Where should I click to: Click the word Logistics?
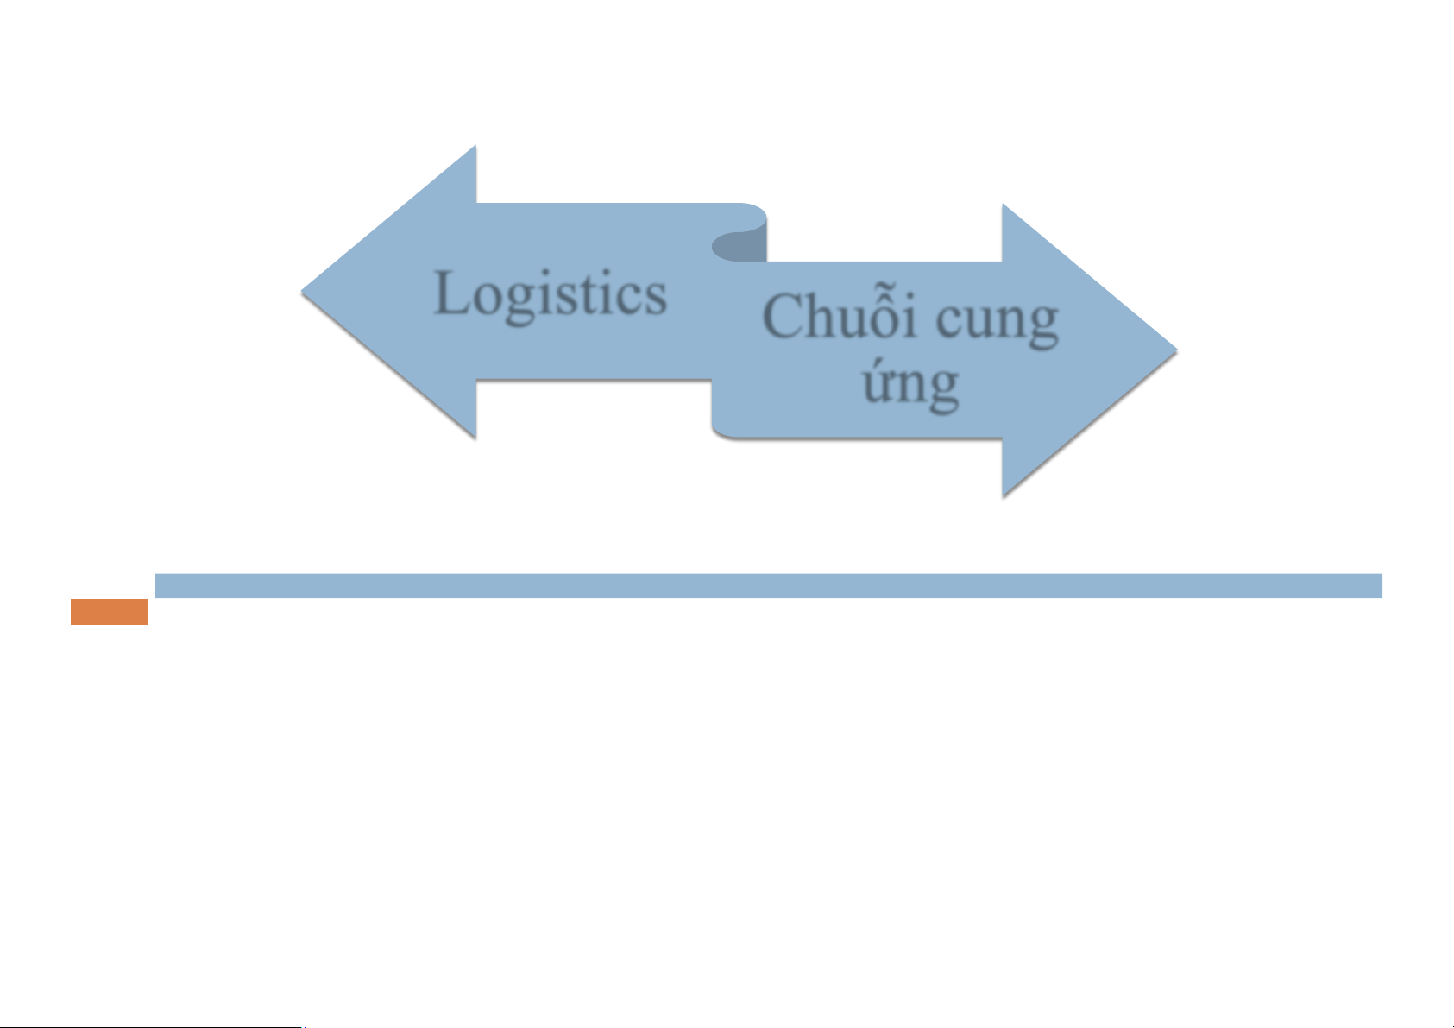pos(551,294)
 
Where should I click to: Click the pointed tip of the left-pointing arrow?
pos(305,292)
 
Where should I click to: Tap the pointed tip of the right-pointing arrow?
pos(1174,350)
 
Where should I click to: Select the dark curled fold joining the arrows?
pos(740,246)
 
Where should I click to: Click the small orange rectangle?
pos(109,612)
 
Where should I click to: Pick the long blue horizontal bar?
pos(768,585)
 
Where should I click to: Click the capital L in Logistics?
pos(452,293)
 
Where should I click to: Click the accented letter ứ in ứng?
pos(877,385)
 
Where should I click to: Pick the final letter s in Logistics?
pos(654,299)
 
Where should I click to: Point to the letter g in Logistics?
pos(520,303)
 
